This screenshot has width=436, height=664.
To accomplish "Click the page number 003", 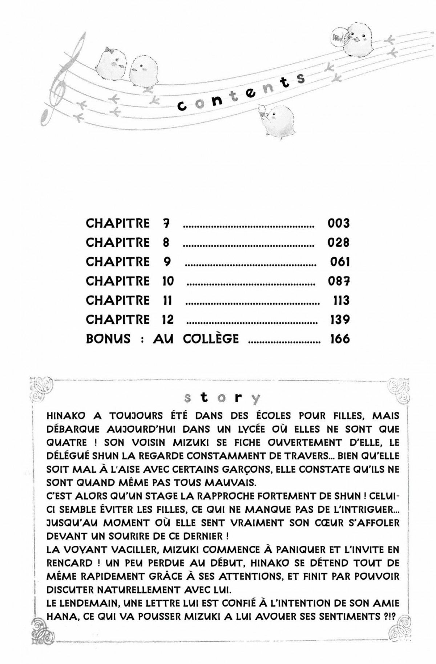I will tap(338, 223).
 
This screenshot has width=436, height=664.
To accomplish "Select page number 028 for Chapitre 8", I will tap(338, 242).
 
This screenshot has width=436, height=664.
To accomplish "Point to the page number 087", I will tap(338, 281).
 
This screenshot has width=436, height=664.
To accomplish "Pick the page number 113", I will tap(341, 300).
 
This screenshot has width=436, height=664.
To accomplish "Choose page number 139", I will tap(340, 319).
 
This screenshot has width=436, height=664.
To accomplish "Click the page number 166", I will tap(340, 339).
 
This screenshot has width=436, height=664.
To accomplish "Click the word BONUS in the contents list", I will tap(108, 339).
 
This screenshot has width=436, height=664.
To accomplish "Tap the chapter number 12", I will tap(166, 319).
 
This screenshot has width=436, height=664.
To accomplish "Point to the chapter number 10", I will tap(166, 281).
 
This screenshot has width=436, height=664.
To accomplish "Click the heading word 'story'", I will tap(222, 398).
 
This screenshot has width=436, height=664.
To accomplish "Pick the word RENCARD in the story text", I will tap(69, 563).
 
